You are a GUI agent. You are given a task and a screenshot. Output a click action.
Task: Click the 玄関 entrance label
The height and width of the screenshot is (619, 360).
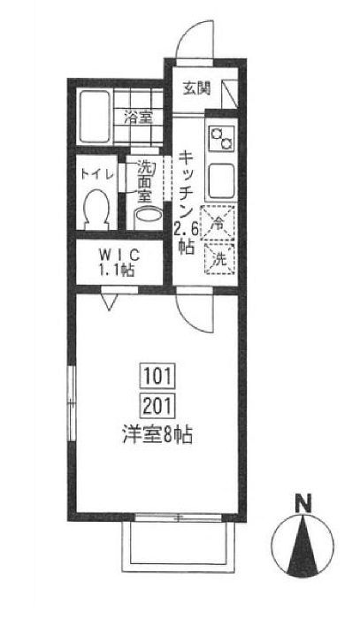(196, 88)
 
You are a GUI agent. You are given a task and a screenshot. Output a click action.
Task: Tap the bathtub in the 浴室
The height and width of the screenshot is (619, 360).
(96, 117)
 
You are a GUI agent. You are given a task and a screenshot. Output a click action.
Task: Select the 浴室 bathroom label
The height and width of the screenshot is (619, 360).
(138, 118)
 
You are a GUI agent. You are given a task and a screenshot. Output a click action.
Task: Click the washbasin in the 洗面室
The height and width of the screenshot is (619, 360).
(149, 216)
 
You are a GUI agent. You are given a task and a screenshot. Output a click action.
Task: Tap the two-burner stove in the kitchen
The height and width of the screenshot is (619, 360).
(221, 138)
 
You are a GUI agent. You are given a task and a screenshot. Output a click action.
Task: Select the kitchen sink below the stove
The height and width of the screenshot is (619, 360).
(221, 181)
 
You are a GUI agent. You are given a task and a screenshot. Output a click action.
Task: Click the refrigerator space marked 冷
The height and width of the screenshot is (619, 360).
(218, 224)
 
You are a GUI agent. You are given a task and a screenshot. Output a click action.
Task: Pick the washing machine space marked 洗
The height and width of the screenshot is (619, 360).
(220, 259)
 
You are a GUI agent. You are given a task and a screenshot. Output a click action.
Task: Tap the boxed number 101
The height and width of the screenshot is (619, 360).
(157, 376)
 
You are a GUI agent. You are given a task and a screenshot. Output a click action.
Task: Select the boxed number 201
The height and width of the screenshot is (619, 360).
(157, 406)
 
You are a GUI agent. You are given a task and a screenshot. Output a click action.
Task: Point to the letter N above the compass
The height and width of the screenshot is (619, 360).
(304, 503)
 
